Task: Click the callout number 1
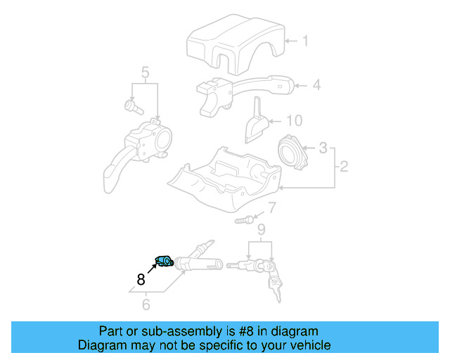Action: pyautogui.click(x=305, y=41)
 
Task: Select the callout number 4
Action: pyautogui.click(x=316, y=85)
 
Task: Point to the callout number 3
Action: pyautogui.click(x=323, y=148)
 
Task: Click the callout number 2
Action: pyautogui.click(x=344, y=167)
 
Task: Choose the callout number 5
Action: pyautogui.click(x=145, y=72)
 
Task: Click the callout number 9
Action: pyautogui.click(x=261, y=229)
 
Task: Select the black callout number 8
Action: pyautogui.click(x=141, y=278)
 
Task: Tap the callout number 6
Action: pyautogui.click(x=146, y=304)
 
